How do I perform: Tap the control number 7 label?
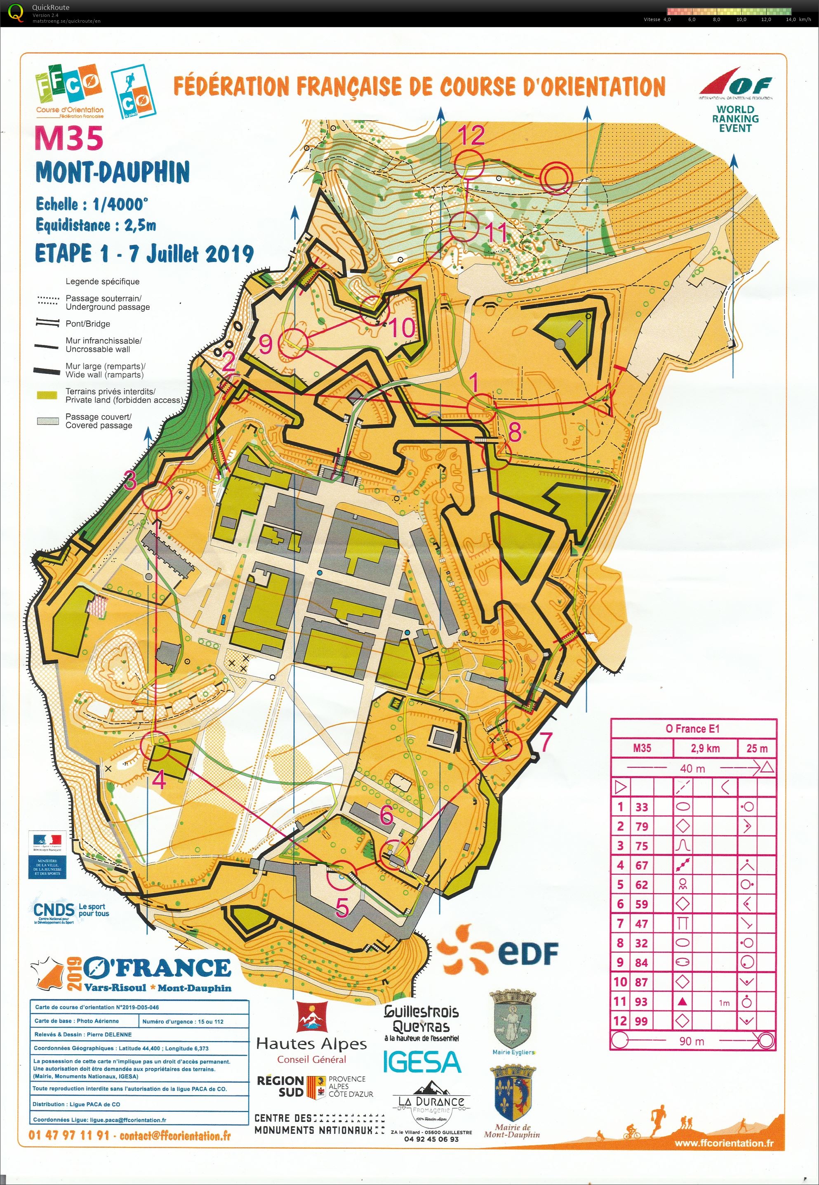coord(546,741)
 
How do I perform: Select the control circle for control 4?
coord(155,746)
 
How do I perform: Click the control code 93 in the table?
coord(641,1001)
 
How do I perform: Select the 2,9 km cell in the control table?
coord(705,748)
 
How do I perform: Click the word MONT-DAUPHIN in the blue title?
coord(113,172)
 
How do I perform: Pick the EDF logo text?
coord(527,954)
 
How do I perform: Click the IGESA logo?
coord(422,1062)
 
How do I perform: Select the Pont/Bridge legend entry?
coord(87,323)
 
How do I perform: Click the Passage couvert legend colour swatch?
coord(47,421)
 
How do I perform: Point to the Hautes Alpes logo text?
coord(311,1044)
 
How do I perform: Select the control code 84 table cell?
coord(641,962)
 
